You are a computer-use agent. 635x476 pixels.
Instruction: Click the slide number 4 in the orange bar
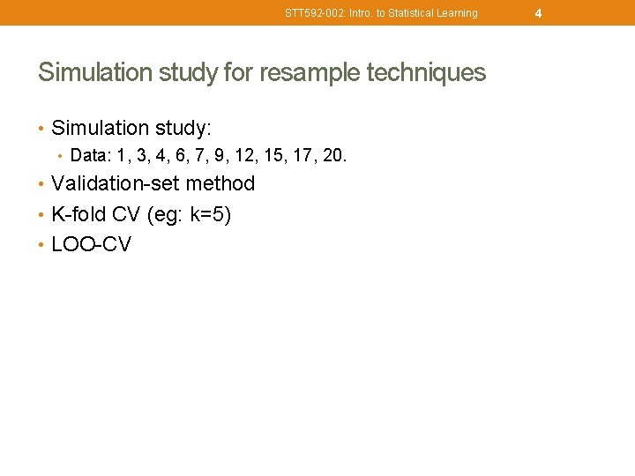[538, 13]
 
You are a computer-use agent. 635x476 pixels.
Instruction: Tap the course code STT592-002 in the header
[311, 13]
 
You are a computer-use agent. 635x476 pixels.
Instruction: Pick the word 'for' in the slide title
[238, 72]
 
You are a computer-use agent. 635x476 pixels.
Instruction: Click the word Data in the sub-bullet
[86, 156]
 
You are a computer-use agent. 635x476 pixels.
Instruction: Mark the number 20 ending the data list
[334, 156]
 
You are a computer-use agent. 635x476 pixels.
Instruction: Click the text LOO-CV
[91, 244]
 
